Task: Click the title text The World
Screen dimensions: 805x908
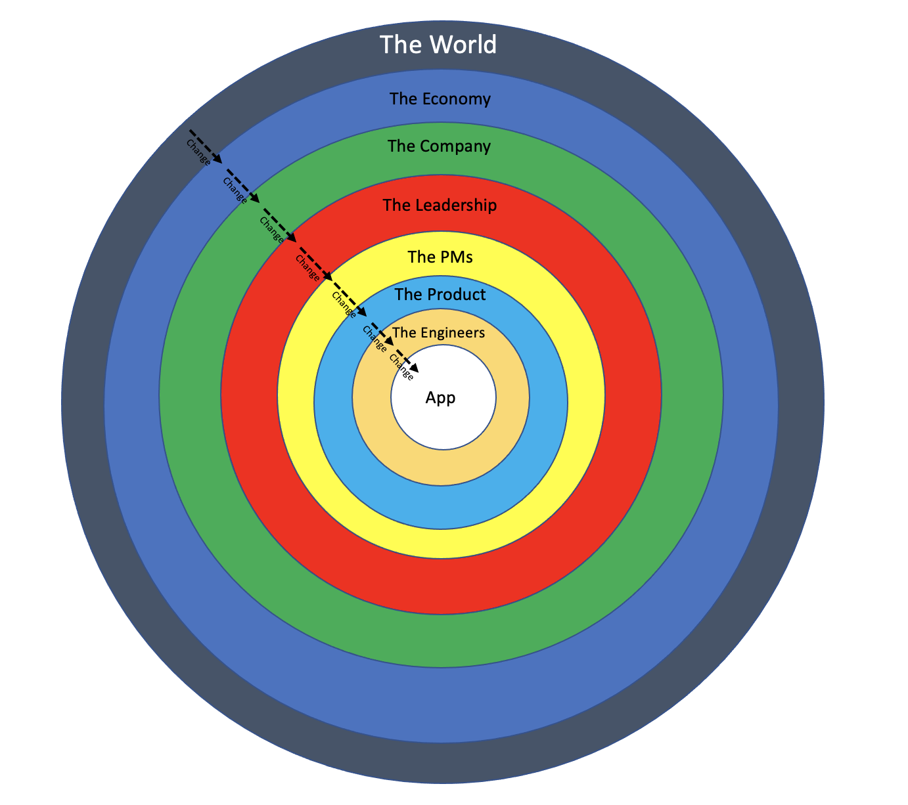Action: tap(438, 45)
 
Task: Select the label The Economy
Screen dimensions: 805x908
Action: tap(440, 99)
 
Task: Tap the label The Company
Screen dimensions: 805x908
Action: tap(439, 146)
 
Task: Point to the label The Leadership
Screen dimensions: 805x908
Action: tap(440, 206)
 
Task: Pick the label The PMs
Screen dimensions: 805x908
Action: tap(440, 257)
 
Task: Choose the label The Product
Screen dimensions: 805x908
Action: tap(440, 295)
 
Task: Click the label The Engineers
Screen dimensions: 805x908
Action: tap(438, 333)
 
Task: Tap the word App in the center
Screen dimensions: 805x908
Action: tap(440, 398)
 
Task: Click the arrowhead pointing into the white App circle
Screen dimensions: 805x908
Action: tap(413, 367)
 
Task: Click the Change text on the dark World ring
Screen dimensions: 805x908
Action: tap(198, 152)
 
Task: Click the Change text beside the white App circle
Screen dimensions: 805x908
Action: tap(401, 368)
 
